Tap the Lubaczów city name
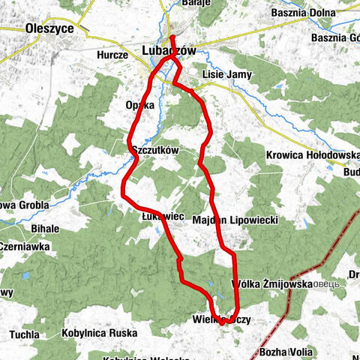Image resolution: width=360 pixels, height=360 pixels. click(x=169, y=51)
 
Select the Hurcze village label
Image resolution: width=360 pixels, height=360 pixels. click(x=113, y=55)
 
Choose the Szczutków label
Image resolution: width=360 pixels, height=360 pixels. click(x=154, y=150)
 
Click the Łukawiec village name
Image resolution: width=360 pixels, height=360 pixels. click(x=163, y=216)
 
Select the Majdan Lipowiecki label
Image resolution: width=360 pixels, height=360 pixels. click(x=235, y=220)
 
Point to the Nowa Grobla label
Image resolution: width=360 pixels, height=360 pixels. click(x=24, y=204)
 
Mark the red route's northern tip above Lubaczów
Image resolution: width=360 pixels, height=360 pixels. click(x=172, y=37)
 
